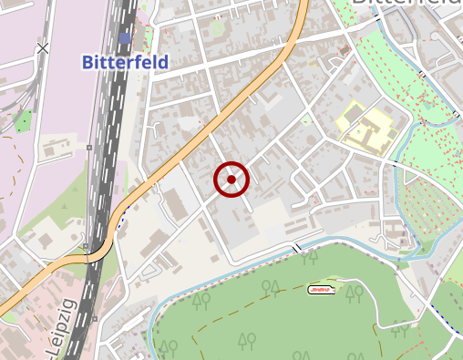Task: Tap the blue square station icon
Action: [x=124, y=37]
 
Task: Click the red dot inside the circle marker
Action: [x=231, y=180]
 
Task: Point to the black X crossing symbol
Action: [x=43, y=47]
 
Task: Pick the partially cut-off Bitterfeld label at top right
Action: [x=406, y=5]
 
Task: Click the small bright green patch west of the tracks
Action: [x=22, y=120]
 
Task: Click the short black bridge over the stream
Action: [x=296, y=248]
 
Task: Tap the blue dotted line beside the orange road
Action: [x=121, y=219]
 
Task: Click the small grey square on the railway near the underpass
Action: [x=86, y=246]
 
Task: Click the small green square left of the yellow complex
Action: [x=306, y=119]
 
